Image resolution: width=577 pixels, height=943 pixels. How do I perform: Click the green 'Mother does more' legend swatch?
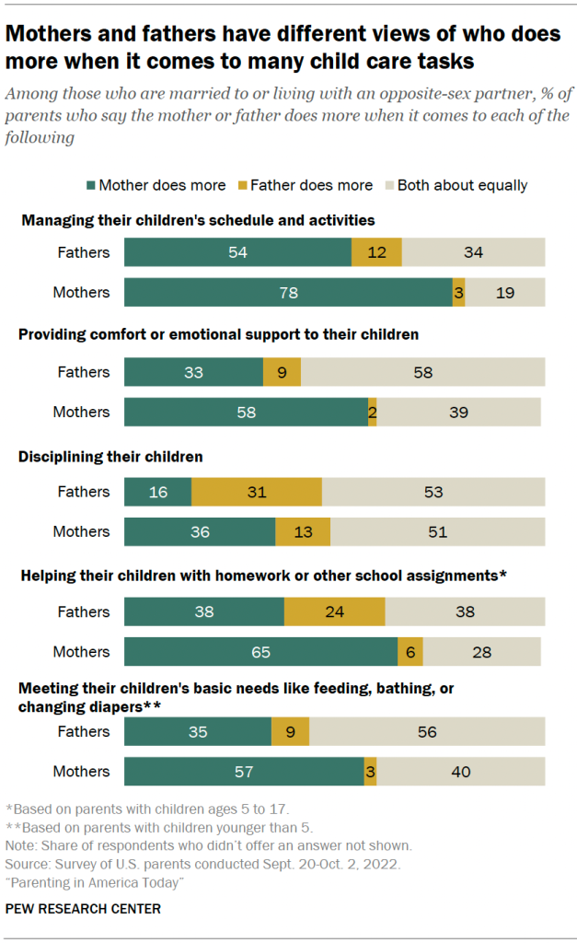[89, 185]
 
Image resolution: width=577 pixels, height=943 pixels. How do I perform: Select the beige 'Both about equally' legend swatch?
[388, 185]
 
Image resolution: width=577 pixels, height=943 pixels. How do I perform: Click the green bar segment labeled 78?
[288, 292]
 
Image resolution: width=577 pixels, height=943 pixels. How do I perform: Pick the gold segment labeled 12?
[376, 252]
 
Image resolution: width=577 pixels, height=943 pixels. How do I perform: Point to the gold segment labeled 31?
[257, 492]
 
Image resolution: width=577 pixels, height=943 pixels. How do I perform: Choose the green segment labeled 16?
[157, 492]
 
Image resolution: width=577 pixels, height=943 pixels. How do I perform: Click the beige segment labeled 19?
[505, 292]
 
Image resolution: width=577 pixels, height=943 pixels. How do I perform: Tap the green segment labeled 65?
[260, 651]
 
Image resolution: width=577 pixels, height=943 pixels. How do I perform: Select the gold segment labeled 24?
[335, 611]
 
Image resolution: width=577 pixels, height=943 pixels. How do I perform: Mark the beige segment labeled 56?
[427, 731]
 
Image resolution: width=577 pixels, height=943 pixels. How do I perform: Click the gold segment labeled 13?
[303, 531]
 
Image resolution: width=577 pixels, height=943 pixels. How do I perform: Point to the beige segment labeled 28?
[482, 651]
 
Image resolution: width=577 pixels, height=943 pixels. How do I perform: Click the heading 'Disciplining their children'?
[110, 457]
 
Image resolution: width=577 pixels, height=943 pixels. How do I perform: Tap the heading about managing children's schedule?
[198, 220]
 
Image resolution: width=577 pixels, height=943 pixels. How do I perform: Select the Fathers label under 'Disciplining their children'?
[84, 492]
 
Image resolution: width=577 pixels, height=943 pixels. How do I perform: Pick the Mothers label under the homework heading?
[81, 651]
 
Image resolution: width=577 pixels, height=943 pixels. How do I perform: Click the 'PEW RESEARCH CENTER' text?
[83, 909]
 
